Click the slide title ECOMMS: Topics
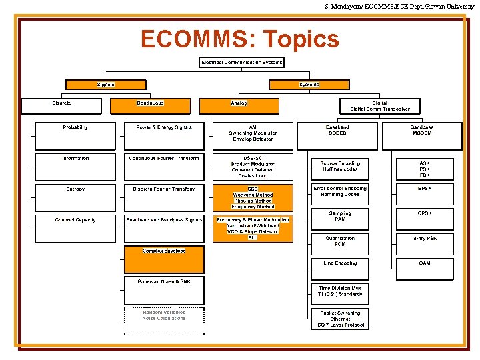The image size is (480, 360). (x=239, y=39)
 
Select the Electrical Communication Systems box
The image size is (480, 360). (x=242, y=63)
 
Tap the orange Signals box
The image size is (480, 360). (x=105, y=85)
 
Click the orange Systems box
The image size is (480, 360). (x=309, y=85)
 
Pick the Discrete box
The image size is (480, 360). (x=61, y=106)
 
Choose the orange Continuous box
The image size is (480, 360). (x=150, y=106)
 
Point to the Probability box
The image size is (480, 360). (x=75, y=135)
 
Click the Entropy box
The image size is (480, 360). (x=75, y=197)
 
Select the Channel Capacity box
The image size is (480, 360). (x=75, y=227)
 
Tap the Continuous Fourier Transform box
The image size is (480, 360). (x=164, y=166)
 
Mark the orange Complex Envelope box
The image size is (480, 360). (x=164, y=259)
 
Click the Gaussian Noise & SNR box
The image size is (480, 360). (x=164, y=289)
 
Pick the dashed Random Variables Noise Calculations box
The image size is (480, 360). (x=164, y=321)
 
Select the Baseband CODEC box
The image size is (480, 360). (x=337, y=135)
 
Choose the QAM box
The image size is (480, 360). (x=425, y=269)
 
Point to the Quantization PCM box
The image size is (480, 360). (x=340, y=244)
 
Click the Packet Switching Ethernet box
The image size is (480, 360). (x=340, y=319)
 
